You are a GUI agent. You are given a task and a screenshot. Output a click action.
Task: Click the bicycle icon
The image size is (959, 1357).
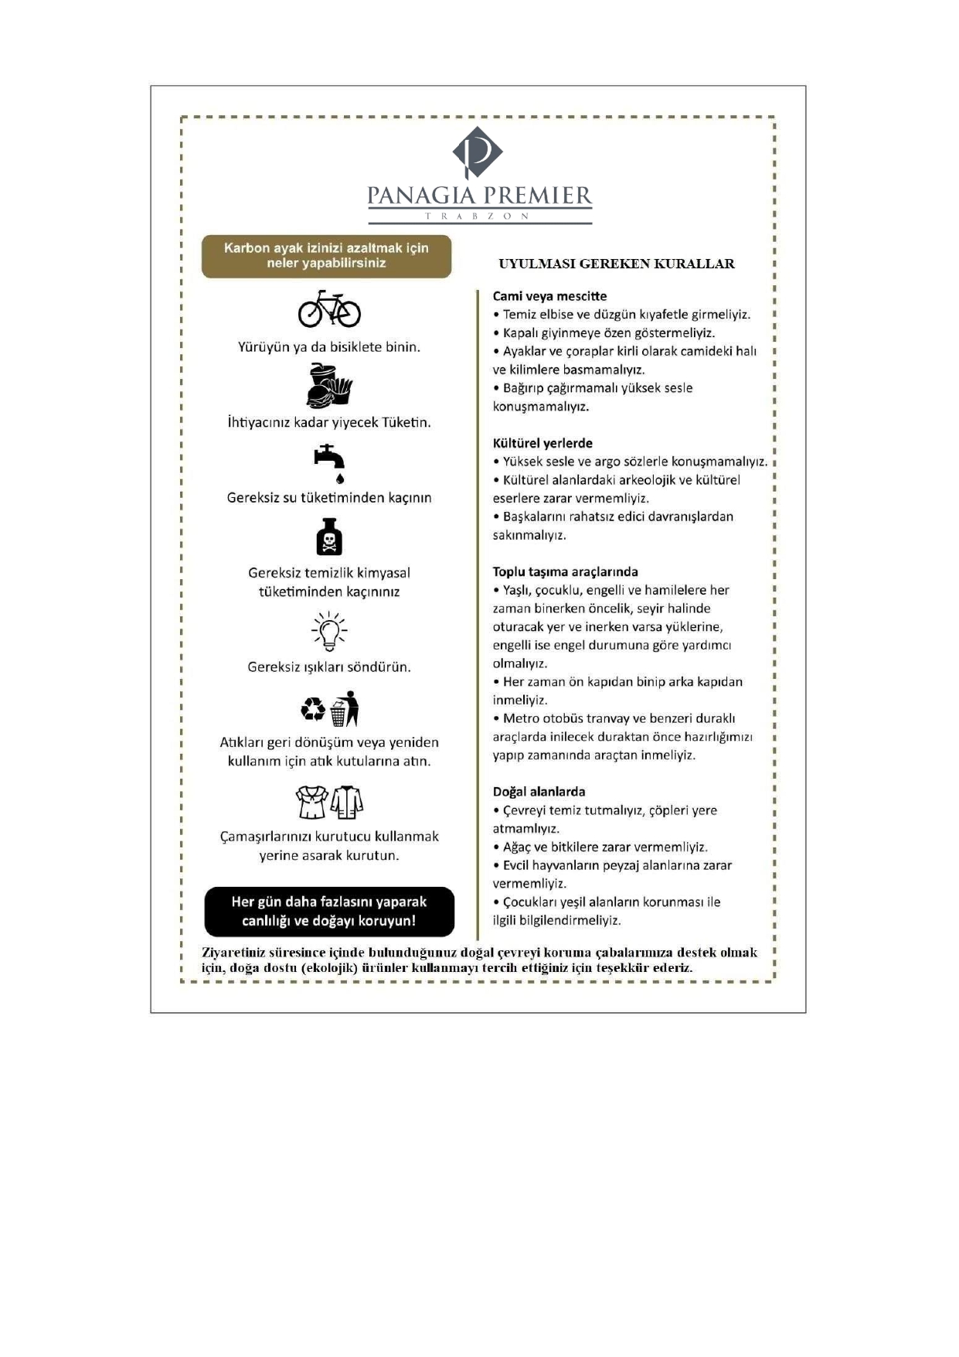[329, 309]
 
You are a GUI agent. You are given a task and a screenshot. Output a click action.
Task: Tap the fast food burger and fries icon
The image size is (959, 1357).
[329, 386]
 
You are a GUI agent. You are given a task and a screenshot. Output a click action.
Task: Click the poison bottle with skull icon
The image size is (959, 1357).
[329, 537]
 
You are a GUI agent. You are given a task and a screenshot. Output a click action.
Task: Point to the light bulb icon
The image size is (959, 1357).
[329, 631]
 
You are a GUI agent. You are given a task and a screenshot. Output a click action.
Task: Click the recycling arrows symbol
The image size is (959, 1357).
[314, 709]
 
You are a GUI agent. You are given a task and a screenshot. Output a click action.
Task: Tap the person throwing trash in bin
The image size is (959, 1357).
[345, 709]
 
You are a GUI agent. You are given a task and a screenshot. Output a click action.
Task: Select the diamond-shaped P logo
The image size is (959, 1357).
[478, 152]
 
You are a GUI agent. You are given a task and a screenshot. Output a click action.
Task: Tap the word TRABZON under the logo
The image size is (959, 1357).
[479, 217]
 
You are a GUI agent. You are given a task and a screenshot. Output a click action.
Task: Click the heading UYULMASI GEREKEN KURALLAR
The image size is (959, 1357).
[616, 264]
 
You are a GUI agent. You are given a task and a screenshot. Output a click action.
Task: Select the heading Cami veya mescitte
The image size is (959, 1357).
[549, 296]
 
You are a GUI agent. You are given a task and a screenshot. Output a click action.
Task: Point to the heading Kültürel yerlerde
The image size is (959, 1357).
[542, 443]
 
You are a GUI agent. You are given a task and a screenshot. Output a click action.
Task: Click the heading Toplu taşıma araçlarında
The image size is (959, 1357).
[565, 572]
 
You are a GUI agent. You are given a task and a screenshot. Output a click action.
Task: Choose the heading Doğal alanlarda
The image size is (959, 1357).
[539, 792]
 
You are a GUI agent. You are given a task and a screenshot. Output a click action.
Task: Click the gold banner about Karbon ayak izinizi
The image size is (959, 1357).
[326, 256]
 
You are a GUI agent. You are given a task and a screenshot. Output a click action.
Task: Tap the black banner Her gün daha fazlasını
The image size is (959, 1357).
[329, 912]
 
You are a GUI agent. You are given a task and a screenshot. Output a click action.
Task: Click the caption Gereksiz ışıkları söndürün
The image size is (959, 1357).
[329, 667]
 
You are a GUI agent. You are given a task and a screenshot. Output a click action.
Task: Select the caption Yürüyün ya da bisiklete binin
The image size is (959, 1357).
[329, 347]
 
